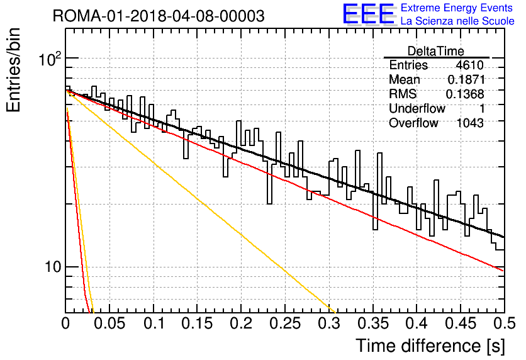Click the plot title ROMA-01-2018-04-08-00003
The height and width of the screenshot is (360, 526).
[159, 16]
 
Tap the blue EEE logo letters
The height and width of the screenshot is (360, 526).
[368, 14]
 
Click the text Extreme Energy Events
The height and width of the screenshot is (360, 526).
[457, 8]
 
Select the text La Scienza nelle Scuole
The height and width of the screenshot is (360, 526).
[457, 21]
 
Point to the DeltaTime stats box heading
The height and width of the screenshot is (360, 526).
[435, 51]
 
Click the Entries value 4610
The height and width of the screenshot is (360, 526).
[469, 65]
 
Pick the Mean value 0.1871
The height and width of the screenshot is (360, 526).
[466, 79]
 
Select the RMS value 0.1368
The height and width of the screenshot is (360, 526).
[465, 94]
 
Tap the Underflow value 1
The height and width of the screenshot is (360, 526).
[482, 108]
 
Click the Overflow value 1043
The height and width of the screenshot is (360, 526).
[470, 123]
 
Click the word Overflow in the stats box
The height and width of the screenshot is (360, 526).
[413, 123]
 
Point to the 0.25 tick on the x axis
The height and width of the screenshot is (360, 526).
[285, 323]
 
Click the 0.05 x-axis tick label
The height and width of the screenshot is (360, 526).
[109, 323]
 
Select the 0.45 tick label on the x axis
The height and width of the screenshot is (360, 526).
[461, 323]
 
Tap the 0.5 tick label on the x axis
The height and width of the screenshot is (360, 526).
[504, 323]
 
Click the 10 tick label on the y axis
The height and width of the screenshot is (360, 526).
[53, 267]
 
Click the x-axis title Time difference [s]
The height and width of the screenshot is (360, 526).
[430, 346]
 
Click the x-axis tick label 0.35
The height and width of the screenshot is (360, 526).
[372, 323]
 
